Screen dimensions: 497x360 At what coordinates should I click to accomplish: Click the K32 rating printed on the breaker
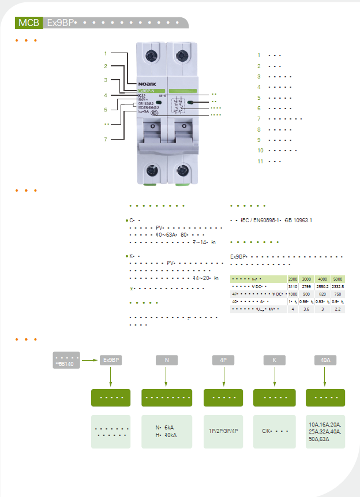(x=142, y=95)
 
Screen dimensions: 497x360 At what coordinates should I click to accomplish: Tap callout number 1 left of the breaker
(x=106, y=54)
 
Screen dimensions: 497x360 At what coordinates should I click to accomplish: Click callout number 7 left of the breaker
(x=106, y=139)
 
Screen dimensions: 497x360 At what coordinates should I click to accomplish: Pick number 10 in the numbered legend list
(x=261, y=150)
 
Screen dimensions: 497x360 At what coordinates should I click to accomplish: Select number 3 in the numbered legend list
(x=260, y=76)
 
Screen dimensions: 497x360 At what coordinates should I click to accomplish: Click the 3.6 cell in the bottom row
(x=306, y=309)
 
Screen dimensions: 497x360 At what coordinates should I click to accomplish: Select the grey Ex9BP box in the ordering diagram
(x=110, y=360)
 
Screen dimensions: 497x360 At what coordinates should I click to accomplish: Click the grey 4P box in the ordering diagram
(x=223, y=360)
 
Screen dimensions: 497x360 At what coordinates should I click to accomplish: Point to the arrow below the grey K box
(x=275, y=377)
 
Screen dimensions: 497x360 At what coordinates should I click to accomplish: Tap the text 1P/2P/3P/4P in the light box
(x=223, y=431)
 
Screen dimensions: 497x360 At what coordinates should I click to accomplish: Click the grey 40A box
(x=325, y=360)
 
